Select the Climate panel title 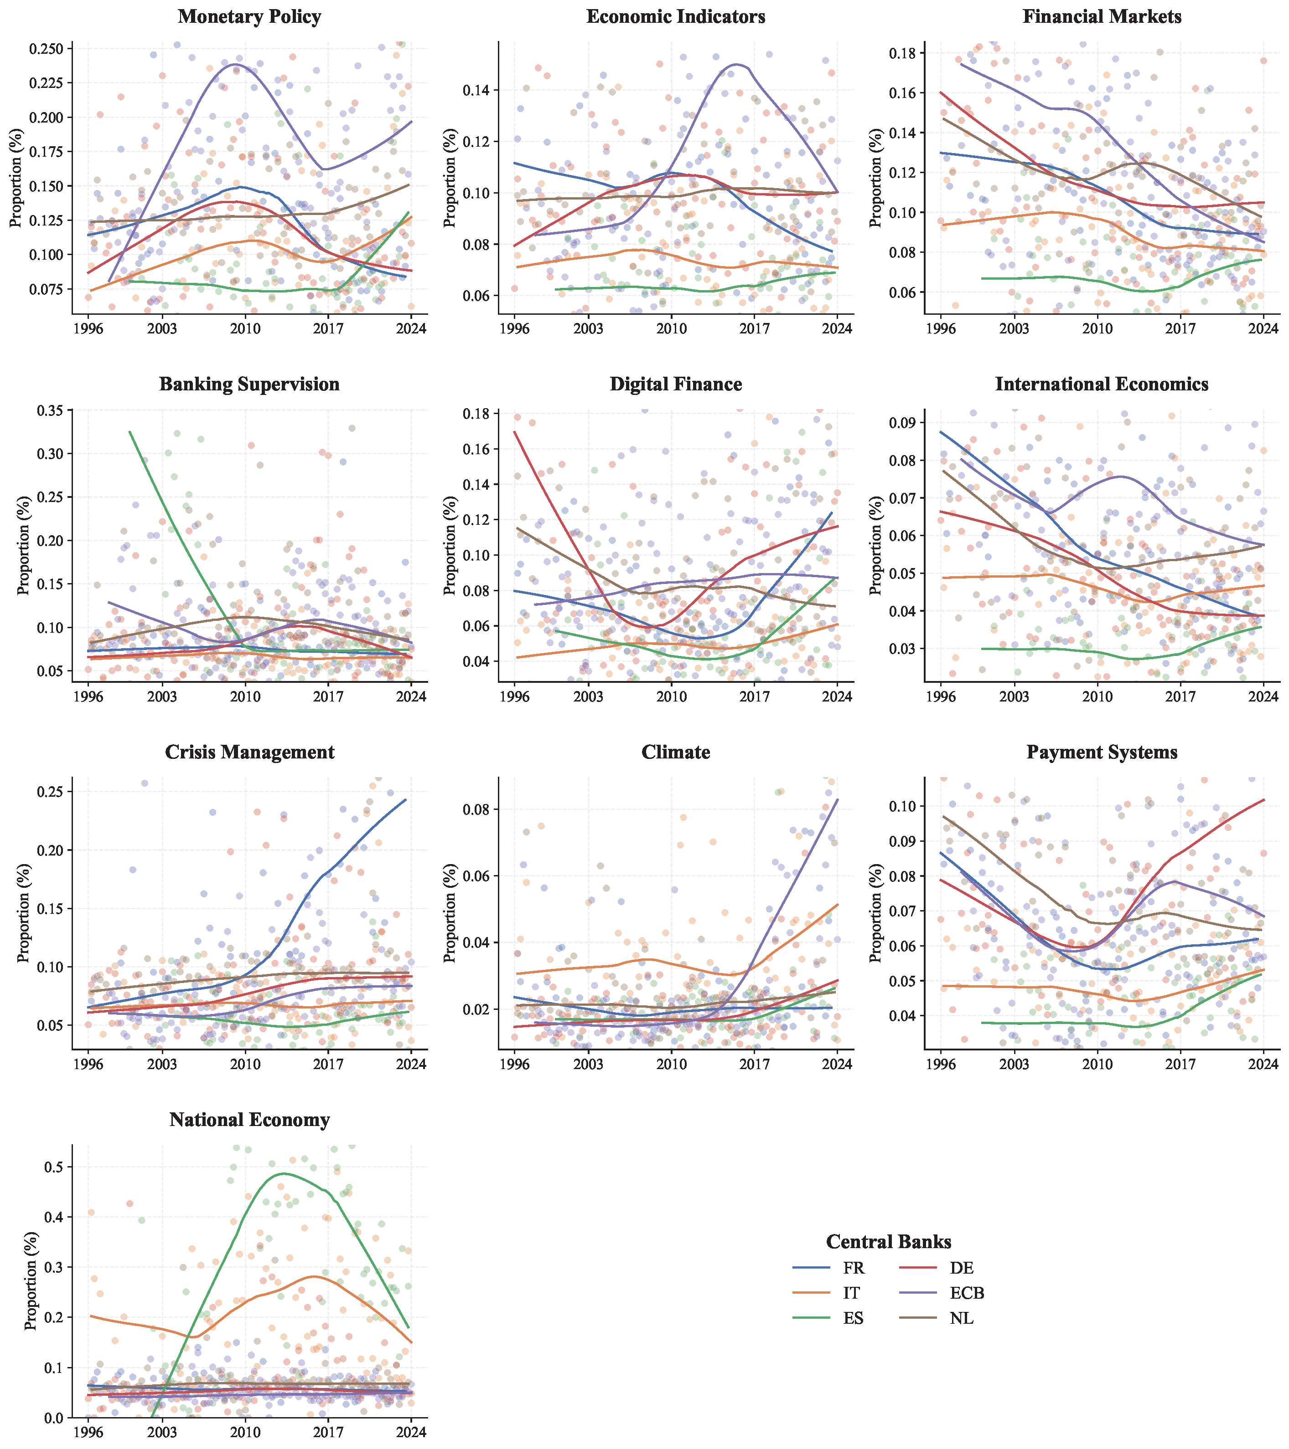pos(675,752)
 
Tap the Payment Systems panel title pos(1102,752)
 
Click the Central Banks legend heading pos(888,1242)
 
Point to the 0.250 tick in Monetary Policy pos(46,49)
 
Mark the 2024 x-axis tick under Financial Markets pos(1263,329)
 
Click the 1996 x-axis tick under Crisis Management pos(88,1064)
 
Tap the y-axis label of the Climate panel pos(450,913)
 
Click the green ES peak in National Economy pos(284,1174)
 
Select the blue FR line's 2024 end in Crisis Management pos(405,799)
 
